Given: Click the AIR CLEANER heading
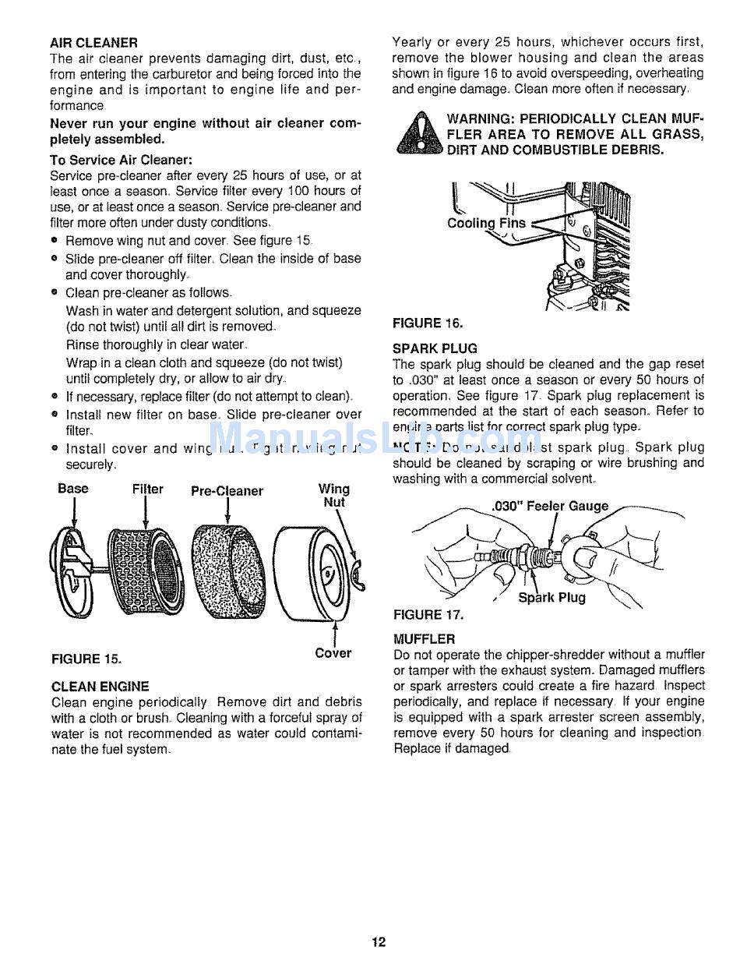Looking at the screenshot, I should point(93,42).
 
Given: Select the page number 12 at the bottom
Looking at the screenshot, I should point(379,942).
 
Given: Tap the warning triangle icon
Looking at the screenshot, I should point(419,134).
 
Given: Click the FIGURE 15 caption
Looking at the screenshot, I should point(86,659).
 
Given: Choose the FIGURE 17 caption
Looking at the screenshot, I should point(428,615).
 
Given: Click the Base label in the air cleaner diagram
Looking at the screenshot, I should point(73,489).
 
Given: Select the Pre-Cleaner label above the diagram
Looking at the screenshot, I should point(227,491).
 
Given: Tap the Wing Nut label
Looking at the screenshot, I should point(334,496).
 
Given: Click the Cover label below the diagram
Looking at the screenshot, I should point(333,653).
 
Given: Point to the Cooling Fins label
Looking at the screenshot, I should point(487,223).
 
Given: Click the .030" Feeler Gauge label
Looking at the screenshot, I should point(551,506).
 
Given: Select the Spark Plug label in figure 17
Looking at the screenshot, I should point(551,598).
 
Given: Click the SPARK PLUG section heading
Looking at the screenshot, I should point(435,348).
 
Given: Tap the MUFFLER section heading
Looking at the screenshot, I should point(424,639).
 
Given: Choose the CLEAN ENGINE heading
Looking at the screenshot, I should point(100,687).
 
